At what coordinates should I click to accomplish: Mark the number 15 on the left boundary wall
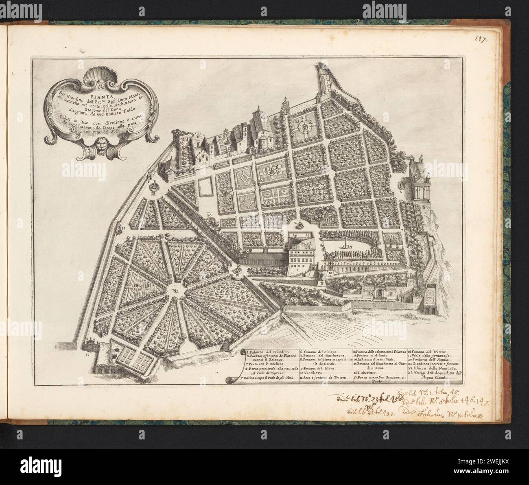122,229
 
